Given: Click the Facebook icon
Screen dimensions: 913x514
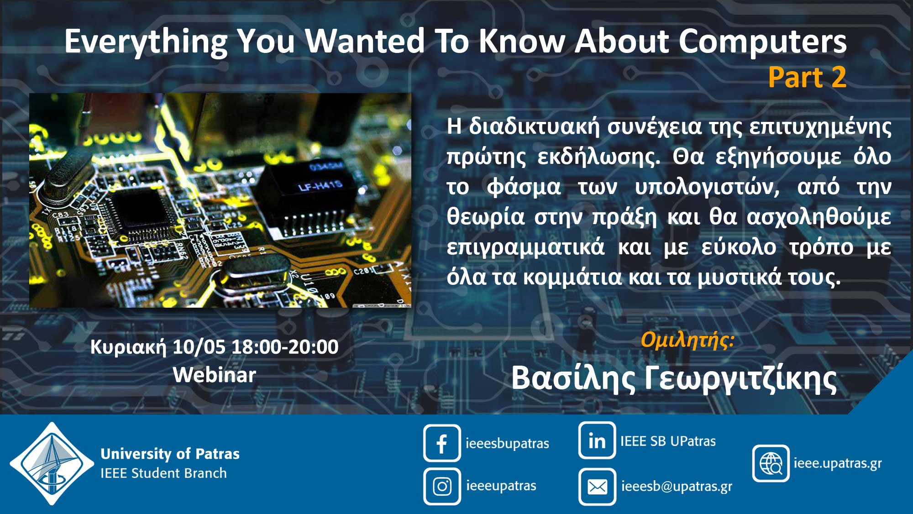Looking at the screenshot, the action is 442,443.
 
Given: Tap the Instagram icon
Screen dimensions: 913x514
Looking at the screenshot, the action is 442,486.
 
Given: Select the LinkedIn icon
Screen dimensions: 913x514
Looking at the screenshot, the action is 597,441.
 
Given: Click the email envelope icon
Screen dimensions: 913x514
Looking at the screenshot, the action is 597,487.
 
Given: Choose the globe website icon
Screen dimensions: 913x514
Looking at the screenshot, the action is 771,463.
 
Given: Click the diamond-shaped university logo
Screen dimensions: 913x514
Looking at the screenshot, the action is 52,463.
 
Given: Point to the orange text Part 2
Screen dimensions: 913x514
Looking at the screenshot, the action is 807,77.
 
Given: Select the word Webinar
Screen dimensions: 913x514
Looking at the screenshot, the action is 215,375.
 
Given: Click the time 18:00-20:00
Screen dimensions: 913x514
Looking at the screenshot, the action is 285,347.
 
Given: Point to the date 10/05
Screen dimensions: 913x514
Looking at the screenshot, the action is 199,347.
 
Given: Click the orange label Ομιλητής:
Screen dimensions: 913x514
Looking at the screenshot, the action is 687,340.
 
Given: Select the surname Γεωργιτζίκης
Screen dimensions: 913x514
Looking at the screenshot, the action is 741,379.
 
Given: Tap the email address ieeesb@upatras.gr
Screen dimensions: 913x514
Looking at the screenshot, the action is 677,487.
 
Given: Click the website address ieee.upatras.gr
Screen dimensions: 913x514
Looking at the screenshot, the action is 838,463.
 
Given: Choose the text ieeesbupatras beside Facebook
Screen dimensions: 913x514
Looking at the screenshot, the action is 507,443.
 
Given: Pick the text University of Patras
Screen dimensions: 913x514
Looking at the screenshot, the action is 170,454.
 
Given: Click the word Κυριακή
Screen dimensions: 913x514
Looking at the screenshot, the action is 128,348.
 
